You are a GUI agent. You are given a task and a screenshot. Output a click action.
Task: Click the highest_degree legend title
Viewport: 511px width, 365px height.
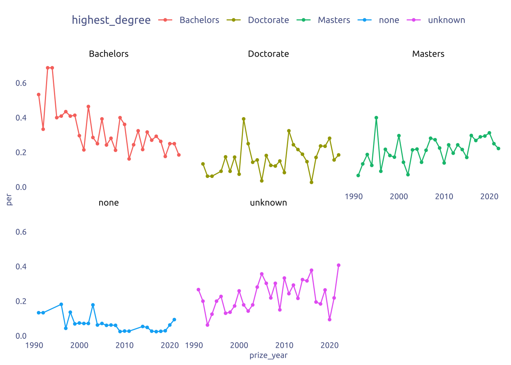[111, 20]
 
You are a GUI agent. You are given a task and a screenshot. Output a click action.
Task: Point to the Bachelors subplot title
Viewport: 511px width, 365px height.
[109, 54]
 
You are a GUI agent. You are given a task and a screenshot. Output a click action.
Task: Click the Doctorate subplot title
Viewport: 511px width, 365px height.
[268, 54]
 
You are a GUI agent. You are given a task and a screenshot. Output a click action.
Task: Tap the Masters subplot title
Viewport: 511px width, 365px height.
[428, 54]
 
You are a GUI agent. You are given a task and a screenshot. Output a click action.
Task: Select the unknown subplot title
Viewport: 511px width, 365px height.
[268, 203]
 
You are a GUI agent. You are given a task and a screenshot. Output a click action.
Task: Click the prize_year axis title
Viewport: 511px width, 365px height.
[268, 355]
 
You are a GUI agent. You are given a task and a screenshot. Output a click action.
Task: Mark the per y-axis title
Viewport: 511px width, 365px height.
[9, 200]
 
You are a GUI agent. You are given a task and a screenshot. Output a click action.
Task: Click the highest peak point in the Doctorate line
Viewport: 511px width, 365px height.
[244, 119]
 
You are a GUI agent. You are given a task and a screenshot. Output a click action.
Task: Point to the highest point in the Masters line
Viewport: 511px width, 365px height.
[376, 118]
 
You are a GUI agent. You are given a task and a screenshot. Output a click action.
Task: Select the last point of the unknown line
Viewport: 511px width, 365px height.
[339, 265]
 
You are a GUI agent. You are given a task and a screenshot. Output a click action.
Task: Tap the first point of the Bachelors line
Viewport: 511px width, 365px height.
[39, 95]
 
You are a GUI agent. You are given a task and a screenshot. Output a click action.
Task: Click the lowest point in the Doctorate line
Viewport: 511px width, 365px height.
[311, 182]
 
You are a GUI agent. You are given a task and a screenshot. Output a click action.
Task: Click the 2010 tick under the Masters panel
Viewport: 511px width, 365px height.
[444, 197]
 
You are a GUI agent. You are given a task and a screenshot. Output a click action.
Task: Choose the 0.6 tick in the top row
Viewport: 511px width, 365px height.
[21, 83]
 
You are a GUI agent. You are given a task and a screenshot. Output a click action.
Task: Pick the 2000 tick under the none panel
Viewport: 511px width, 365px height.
[79, 346]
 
